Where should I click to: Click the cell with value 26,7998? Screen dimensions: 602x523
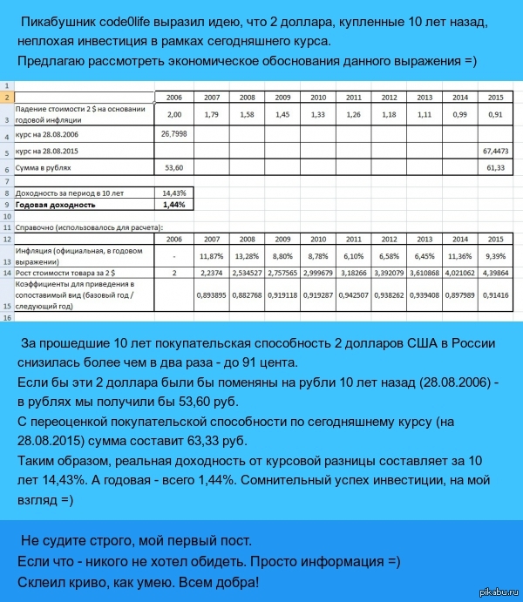pyautogui.click(x=174, y=135)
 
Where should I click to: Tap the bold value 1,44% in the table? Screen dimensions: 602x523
pyautogui.click(x=174, y=205)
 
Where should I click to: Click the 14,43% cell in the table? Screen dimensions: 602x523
pyautogui.click(x=174, y=193)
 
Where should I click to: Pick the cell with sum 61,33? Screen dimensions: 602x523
pyautogui.click(x=494, y=166)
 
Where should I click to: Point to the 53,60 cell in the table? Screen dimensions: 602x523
pyautogui.click(x=174, y=166)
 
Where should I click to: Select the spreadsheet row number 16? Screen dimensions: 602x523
pyautogui.click(x=6, y=318)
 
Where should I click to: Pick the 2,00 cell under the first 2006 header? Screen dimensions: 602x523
pyautogui.click(x=174, y=115)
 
